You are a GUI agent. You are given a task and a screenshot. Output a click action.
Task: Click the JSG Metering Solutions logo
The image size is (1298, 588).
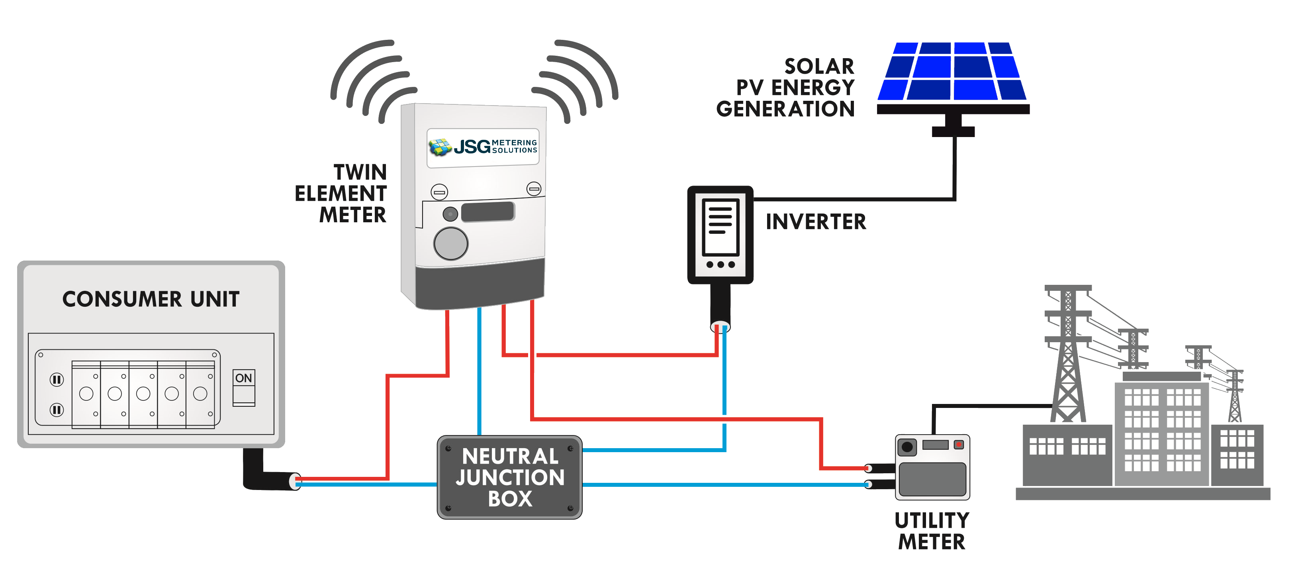pos(483,147)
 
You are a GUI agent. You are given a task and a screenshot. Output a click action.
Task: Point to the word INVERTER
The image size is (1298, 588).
pos(816,222)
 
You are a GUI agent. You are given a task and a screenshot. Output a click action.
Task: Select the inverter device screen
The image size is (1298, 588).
pos(720,226)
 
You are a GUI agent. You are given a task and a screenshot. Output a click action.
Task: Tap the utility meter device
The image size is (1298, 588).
pos(932,466)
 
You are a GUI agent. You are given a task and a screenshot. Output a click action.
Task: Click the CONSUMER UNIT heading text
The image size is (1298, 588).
pos(151,299)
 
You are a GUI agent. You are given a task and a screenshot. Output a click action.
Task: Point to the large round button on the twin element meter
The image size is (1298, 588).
pos(450,243)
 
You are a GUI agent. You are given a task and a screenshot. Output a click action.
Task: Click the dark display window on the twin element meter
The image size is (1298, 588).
pos(487,212)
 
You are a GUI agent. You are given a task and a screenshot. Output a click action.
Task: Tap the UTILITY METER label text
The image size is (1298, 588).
pos(931,531)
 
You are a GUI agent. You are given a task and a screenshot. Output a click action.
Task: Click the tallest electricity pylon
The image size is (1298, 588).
pos(1067,353)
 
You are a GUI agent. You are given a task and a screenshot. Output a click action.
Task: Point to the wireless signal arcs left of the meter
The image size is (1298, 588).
pos(370,80)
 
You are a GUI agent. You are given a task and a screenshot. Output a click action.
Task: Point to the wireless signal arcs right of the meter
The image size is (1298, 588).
pos(577,80)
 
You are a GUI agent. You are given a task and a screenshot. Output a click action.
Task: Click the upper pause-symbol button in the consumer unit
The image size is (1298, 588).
pos(57,379)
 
